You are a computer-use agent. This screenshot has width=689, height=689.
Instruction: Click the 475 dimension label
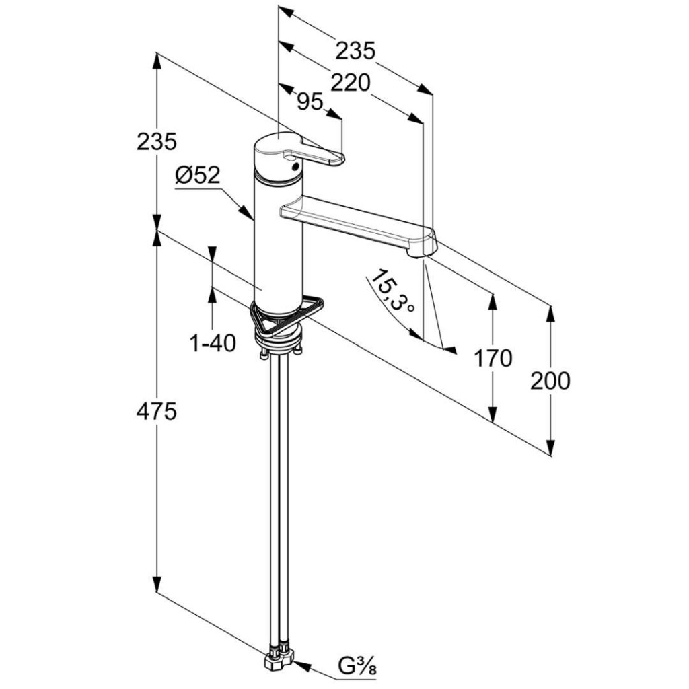point(156,412)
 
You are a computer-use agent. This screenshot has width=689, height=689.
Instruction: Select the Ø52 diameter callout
point(197,176)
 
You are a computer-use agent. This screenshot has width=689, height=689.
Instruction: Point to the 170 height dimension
point(493,358)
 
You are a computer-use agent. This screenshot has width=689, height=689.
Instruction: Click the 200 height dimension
point(550,381)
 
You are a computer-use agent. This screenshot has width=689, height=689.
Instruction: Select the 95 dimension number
point(310,102)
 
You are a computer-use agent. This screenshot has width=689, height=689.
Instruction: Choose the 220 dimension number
point(351,83)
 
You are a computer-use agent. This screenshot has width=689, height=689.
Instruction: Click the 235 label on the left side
point(156,142)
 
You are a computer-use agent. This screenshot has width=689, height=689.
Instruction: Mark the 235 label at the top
point(355,50)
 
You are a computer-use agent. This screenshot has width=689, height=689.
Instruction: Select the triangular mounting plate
point(287,315)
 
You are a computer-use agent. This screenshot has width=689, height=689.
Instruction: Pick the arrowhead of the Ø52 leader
point(248,213)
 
